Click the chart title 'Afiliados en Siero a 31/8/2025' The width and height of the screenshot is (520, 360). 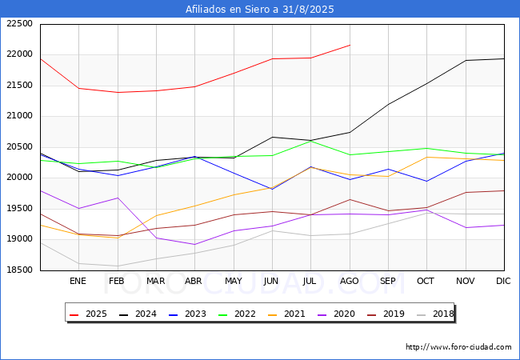[260, 10]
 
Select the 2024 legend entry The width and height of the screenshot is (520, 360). [140, 314]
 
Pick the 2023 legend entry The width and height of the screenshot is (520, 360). [189, 314]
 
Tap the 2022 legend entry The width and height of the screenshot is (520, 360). [238, 314]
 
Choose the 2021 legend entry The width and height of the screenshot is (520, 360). [288, 314]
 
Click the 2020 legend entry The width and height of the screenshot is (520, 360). [338, 314]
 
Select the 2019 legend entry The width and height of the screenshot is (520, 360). [387, 314]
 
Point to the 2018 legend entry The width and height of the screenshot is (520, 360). [436, 314]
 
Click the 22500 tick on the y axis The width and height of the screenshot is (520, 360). [19, 24]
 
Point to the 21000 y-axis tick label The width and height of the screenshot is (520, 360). [19, 116]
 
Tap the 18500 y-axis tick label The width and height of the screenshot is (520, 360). [19, 270]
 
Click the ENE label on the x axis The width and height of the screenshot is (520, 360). [78, 281]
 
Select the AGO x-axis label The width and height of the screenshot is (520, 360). [350, 281]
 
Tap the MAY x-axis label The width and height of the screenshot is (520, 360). [234, 281]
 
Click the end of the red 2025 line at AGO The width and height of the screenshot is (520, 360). [350, 45]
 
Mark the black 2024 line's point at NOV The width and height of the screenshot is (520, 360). [466, 60]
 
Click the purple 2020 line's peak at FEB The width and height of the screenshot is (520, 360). [118, 198]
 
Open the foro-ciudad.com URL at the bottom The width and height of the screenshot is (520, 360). [458, 347]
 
